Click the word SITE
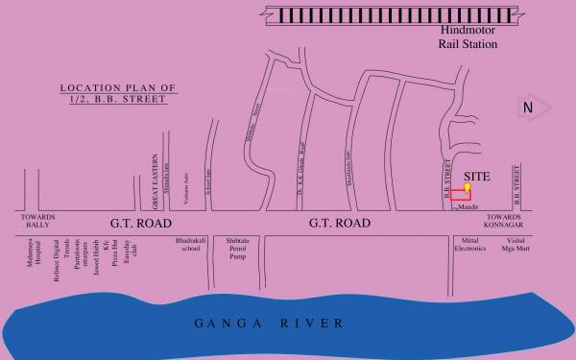[x=477, y=177]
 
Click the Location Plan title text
[x=119, y=93]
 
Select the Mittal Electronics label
[x=469, y=243]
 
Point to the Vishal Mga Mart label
[x=517, y=243]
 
